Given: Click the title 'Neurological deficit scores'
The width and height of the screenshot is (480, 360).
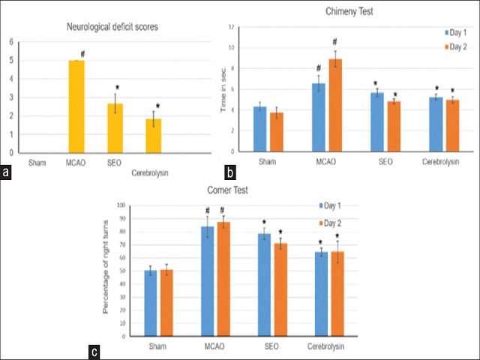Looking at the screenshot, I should point(117,28).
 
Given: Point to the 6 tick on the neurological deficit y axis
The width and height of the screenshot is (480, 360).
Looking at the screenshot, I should point(10,41).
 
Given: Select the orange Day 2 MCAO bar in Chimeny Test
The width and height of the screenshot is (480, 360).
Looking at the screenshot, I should point(336,105).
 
